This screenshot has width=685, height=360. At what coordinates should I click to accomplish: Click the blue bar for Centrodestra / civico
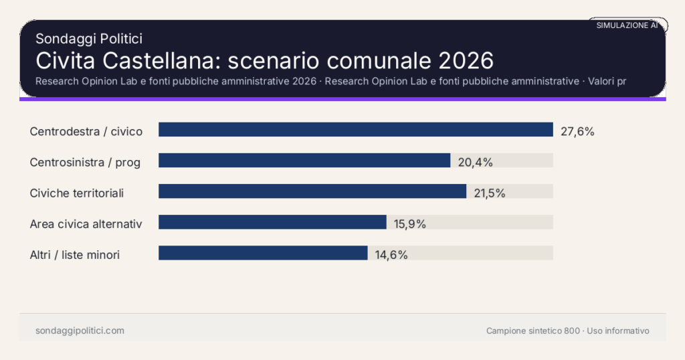point(355,130)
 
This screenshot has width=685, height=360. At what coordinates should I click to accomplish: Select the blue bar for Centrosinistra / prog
point(304,161)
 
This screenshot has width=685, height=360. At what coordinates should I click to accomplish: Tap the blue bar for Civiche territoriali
point(312,191)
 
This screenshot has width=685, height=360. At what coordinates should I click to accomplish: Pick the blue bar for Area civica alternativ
point(272,222)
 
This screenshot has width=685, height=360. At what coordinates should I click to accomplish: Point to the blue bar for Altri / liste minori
point(263,253)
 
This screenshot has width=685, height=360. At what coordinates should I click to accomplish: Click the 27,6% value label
point(577,131)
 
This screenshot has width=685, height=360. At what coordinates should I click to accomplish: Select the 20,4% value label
point(475,162)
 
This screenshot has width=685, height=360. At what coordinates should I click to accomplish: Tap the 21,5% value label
point(490,193)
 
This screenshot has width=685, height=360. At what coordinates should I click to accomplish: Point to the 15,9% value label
point(410,223)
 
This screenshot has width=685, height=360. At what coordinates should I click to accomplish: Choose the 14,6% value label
point(391,254)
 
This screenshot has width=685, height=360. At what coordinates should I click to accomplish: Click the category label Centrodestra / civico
point(86,131)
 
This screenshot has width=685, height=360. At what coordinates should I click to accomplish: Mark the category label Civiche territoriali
point(77,193)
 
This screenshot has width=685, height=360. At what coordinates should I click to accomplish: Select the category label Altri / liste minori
point(75,254)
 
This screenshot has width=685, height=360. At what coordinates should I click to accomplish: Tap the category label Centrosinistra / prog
point(85,162)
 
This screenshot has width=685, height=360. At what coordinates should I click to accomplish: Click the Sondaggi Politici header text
point(89,39)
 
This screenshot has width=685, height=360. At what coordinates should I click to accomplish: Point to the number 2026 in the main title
point(466,61)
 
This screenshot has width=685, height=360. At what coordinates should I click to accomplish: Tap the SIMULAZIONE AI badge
point(627,25)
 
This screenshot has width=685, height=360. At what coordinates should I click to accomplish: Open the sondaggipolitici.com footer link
point(80,331)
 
